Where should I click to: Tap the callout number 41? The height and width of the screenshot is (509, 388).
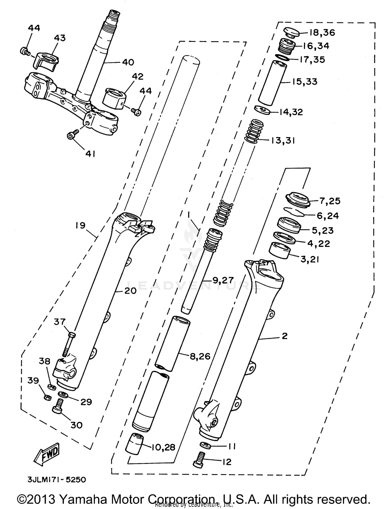90,154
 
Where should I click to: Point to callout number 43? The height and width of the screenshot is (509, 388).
60,38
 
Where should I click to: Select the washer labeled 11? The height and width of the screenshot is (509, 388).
205,445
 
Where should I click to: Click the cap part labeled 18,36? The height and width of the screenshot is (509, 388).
292,33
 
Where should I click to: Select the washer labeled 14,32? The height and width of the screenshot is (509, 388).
263,110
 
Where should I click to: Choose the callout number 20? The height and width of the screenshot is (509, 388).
130,291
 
